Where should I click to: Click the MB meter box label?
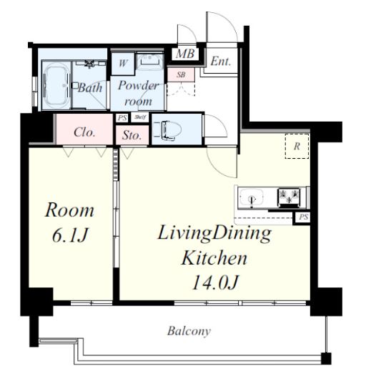pyautogui.click(x=185, y=54)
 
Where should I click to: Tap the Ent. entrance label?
pyautogui.click(x=221, y=61)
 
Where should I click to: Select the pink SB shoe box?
pyautogui.click(x=181, y=75)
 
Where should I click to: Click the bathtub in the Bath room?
pyautogui.click(x=56, y=85)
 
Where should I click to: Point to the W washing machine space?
pyautogui.click(x=123, y=64)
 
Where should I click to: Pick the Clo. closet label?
pyautogui.click(x=84, y=132)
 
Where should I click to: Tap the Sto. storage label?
pyautogui.click(x=132, y=135)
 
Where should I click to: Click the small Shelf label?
pyautogui.click(x=140, y=117)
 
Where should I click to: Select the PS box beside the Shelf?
pyautogui.click(x=122, y=118)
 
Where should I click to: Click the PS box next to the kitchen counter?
pyautogui.click(x=303, y=217)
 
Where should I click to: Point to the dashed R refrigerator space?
pyautogui.click(x=297, y=146)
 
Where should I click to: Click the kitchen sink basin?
pyautogui.click(x=252, y=197)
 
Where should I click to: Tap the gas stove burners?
pyautogui.click(x=289, y=196)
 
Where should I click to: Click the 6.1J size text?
pyautogui.click(x=70, y=235)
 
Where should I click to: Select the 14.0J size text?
pyautogui.click(x=215, y=282)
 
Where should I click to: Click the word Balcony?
pyautogui.click(x=189, y=331)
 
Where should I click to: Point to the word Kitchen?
pyautogui.click(x=214, y=258)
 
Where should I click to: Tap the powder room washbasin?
pyautogui.click(x=149, y=62)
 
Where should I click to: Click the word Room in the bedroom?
pyautogui.click(x=69, y=210)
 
